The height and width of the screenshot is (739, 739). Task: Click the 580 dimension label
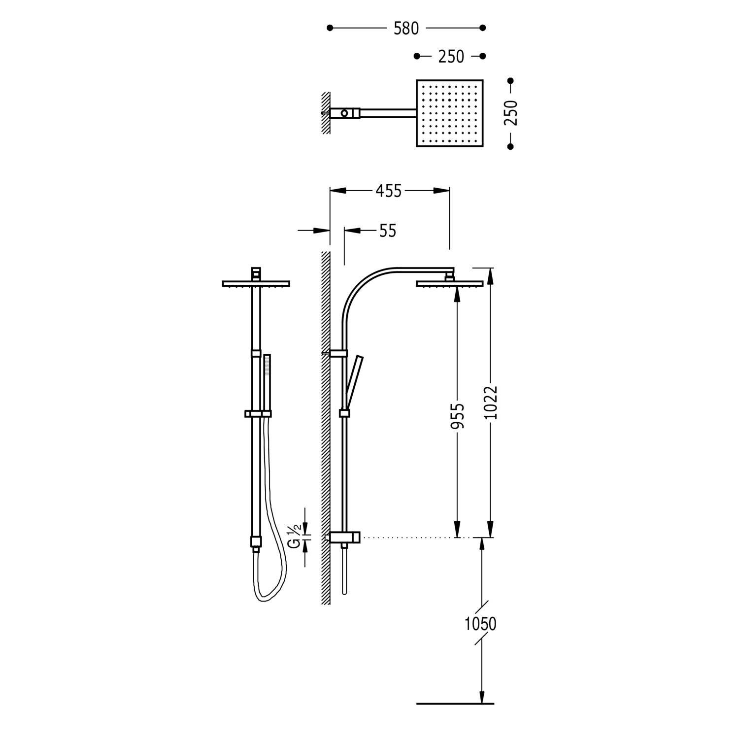(x=406, y=29)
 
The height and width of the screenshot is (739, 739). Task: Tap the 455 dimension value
(x=389, y=191)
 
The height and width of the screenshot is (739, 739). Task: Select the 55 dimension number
(x=387, y=231)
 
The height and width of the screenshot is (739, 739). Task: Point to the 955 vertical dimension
(x=458, y=416)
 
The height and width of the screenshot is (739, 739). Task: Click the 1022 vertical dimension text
(x=491, y=403)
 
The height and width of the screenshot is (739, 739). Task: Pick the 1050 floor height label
(x=480, y=624)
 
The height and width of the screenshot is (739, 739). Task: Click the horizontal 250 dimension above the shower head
(x=451, y=57)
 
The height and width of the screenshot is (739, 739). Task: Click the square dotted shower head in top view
(x=450, y=113)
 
